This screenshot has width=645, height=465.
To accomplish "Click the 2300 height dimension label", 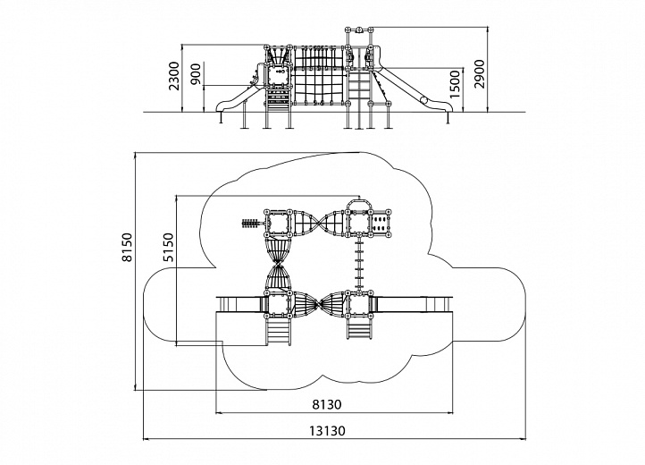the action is coord(174,76).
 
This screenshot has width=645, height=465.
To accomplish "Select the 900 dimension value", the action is coord(197,74).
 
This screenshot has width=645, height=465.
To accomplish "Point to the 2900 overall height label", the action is coord(479,73).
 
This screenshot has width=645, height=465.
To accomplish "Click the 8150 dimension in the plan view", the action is coord(128,247).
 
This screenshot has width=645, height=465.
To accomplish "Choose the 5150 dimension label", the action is coord(169,247).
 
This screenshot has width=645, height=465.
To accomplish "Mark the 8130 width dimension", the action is coord(327,404).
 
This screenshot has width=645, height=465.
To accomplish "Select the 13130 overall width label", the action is coord(328,431).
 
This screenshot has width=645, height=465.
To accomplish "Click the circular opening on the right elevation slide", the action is coord(423,100).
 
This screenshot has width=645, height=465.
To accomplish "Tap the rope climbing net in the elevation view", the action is coord(320,75).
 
